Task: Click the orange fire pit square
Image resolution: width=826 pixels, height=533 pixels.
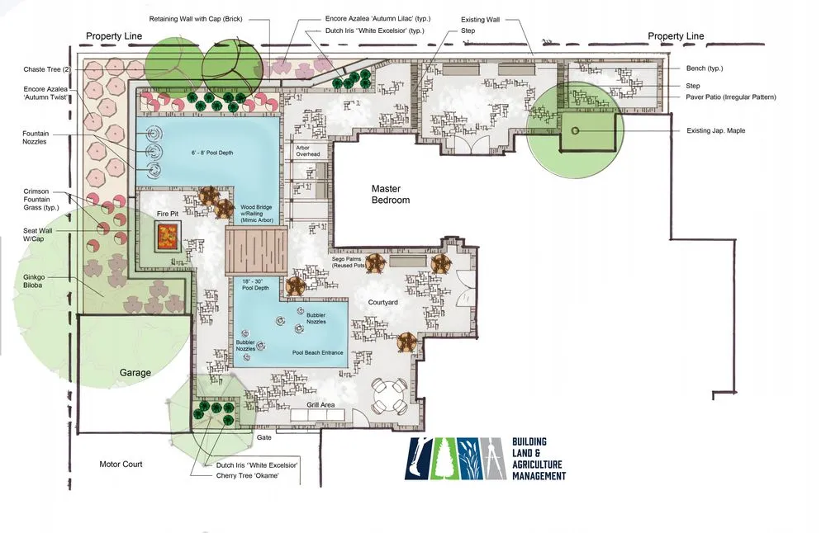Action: [169, 236]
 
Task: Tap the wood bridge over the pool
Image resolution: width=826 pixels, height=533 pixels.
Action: [257, 251]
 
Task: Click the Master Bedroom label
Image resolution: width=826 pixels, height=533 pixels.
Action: [391, 194]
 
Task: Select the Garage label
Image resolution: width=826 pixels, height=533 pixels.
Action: [135, 372]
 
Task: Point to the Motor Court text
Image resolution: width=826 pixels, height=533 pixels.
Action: [121, 464]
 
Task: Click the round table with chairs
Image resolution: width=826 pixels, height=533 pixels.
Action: [390, 396]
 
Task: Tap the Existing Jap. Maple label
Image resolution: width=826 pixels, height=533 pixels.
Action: [716, 130]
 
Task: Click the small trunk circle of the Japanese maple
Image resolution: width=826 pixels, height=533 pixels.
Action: [575, 130]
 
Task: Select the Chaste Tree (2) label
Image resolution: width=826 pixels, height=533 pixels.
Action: [46, 69]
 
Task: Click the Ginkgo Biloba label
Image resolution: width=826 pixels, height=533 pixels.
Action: [33, 281]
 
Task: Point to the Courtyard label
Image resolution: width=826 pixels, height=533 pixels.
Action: [383, 303]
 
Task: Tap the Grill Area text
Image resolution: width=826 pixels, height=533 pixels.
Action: [320, 404]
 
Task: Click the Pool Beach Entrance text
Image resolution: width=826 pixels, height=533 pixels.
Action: [318, 352]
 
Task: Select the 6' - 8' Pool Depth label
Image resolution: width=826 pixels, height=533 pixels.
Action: [211, 153]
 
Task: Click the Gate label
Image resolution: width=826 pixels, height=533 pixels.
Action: [264, 438]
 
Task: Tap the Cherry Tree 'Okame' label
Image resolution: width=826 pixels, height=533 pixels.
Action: [247, 475]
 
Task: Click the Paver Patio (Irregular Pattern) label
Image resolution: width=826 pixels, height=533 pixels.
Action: [731, 97]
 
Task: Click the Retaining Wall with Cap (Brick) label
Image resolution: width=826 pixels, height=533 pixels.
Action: [196, 19]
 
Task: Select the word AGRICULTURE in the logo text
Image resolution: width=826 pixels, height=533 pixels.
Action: [537, 465]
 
